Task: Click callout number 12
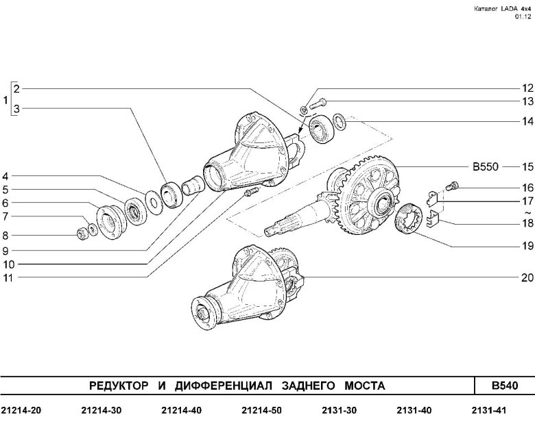coord(527,88)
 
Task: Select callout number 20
coord(527,278)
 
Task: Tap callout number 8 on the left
coord(5,236)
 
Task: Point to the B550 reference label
coord(485,167)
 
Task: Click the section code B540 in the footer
coord(505,386)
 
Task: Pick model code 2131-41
coord(488,410)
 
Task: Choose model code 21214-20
coord(21,410)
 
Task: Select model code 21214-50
coord(262,410)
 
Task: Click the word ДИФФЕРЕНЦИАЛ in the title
coord(224,386)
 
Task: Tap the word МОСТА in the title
coord(365,386)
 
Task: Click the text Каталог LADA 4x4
coord(503,9)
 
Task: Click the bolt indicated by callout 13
coord(318,103)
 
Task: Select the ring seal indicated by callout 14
coord(340,121)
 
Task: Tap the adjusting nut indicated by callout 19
coord(408,218)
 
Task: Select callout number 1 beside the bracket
coord(5,101)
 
